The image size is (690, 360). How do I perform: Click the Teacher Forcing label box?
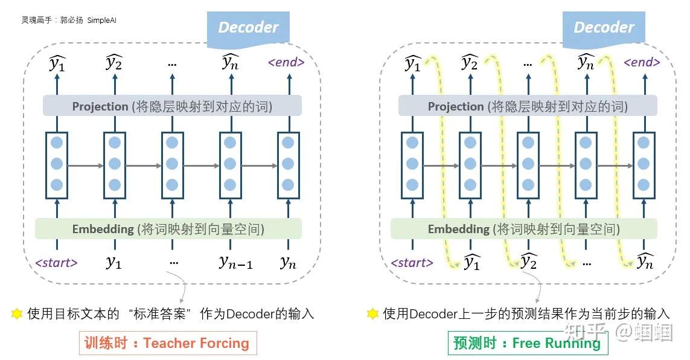(x=168, y=343)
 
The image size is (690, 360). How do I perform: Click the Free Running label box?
(x=528, y=343)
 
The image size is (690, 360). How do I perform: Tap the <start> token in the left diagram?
(x=57, y=263)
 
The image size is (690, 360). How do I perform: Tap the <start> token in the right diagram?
(x=412, y=263)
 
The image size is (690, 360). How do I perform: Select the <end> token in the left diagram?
(x=286, y=62)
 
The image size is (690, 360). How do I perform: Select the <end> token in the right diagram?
(x=642, y=62)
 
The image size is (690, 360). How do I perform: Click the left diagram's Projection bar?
(x=172, y=106)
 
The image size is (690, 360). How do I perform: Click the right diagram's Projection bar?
(x=528, y=106)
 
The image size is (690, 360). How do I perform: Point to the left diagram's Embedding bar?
(x=168, y=229)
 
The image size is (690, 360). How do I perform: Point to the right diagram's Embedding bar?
(x=523, y=229)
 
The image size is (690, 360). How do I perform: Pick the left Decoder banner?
(x=248, y=27)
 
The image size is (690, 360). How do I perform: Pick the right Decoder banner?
(x=604, y=27)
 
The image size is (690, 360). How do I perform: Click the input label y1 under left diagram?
(x=113, y=262)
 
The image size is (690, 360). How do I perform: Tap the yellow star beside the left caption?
(x=17, y=313)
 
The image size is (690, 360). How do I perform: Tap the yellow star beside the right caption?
(x=372, y=313)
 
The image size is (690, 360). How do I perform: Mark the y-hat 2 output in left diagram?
(x=113, y=62)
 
